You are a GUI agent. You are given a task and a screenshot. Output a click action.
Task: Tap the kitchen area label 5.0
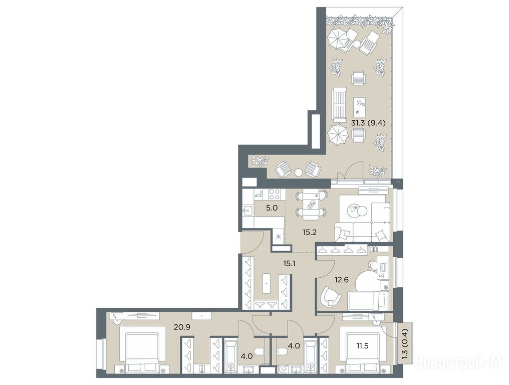(x=272, y=208)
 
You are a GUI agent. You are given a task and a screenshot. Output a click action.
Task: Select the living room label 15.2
(x=310, y=232)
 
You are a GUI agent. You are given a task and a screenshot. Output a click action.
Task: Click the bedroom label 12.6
(x=342, y=279)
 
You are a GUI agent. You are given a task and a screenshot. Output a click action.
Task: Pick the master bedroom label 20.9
(x=181, y=327)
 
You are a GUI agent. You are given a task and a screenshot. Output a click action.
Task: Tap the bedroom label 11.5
(x=362, y=346)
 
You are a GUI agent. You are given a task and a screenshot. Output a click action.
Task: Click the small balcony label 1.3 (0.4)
(x=404, y=343)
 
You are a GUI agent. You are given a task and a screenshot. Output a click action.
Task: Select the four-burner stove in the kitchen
(x=275, y=194)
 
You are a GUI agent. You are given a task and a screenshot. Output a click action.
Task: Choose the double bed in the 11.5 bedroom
(x=363, y=349)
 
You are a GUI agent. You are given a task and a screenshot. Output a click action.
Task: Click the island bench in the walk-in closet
(x=267, y=284)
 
